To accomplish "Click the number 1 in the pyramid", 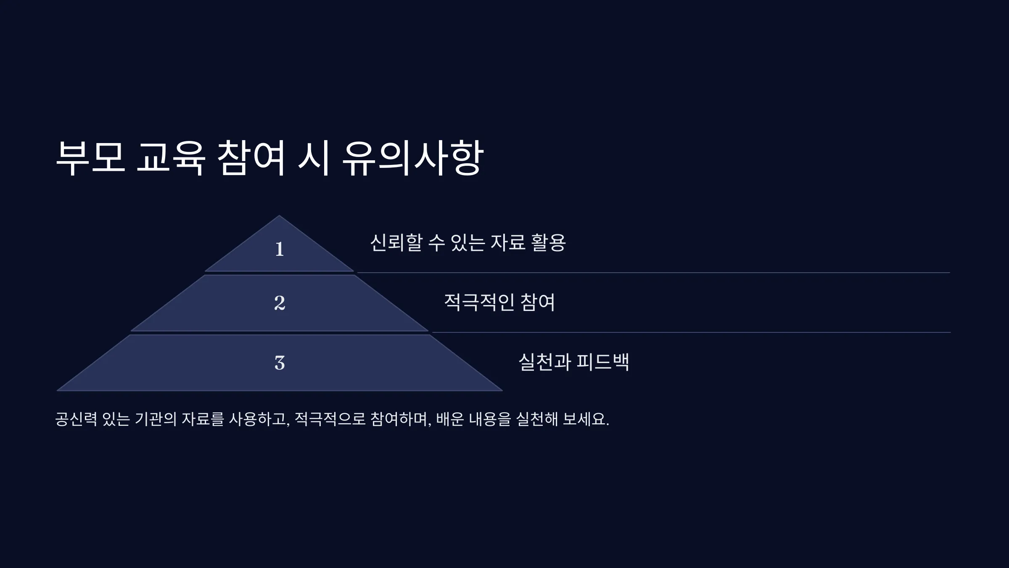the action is pyautogui.click(x=280, y=249).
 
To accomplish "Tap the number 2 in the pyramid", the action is pyautogui.click(x=280, y=303).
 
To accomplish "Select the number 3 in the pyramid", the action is pyautogui.click(x=280, y=363).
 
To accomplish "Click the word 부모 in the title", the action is pyautogui.click(x=91, y=158).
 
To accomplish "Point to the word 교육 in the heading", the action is pyautogui.click(x=171, y=158).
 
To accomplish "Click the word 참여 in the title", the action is pyautogui.click(x=251, y=158).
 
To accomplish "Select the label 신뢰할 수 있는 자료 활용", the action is pyautogui.click(x=468, y=243).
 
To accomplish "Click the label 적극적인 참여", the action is pyautogui.click(x=499, y=302).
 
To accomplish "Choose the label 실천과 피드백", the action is pyautogui.click(x=574, y=362).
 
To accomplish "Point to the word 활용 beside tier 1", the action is pyautogui.click(x=549, y=243).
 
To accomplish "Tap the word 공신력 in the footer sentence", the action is pyautogui.click(x=76, y=419).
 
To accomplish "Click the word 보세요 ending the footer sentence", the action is pyautogui.click(x=586, y=419).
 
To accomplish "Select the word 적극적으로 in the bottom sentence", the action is pyautogui.click(x=330, y=419).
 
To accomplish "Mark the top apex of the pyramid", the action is pyautogui.click(x=279, y=216).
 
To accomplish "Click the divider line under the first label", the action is pyautogui.click(x=653, y=273).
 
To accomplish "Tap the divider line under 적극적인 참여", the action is pyautogui.click(x=691, y=332).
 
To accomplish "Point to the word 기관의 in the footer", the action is pyautogui.click(x=156, y=419).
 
